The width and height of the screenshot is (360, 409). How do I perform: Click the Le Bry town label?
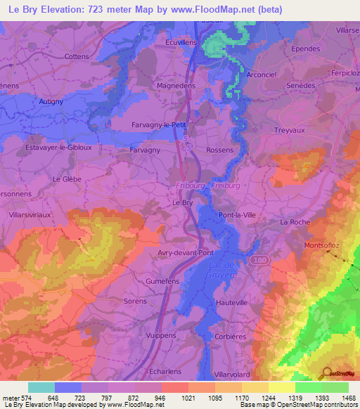(x=182, y=202)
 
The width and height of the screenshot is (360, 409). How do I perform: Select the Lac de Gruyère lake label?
(x=223, y=270)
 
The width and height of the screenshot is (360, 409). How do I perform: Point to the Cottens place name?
(x=77, y=56)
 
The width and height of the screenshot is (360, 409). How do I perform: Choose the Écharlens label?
(x=166, y=370)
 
